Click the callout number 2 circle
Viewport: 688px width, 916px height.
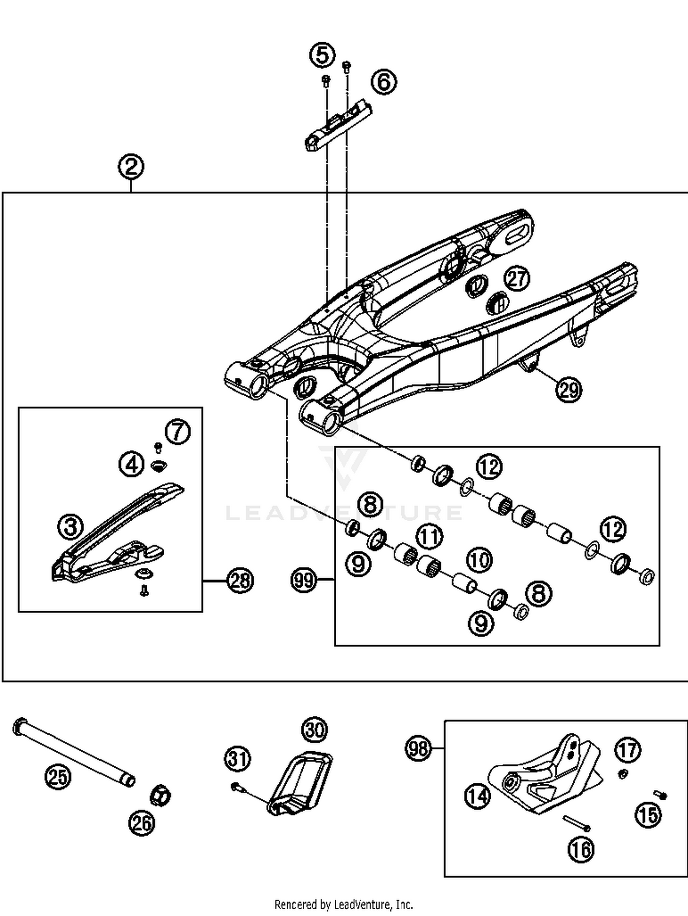tap(131, 167)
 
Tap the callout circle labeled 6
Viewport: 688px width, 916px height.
tap(384, 82)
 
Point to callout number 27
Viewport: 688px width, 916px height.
tap(517, 279)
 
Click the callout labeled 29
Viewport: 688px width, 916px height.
tap(569, 390)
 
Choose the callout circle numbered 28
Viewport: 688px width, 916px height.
tap(240, 581)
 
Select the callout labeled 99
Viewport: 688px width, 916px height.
tap(304, 580)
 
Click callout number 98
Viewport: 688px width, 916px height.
tap(418, 749)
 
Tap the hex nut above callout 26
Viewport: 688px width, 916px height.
tap(161, 794)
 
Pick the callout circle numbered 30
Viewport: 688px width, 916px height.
tap(315, 730)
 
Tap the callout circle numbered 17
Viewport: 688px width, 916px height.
tap(628, 750)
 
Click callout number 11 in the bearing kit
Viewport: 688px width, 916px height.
tap(430, 537)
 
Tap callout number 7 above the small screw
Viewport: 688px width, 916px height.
tap(178, 432)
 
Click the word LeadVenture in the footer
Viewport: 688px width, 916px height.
tap(362, 905)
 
